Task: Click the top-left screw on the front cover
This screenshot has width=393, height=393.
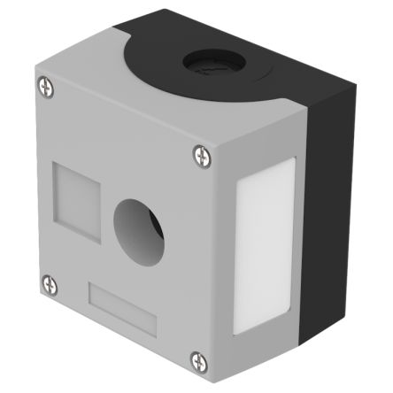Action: [47, 86]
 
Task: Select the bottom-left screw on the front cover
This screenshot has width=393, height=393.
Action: [47, 283]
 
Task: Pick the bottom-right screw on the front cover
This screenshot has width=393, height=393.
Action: [197, 360]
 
